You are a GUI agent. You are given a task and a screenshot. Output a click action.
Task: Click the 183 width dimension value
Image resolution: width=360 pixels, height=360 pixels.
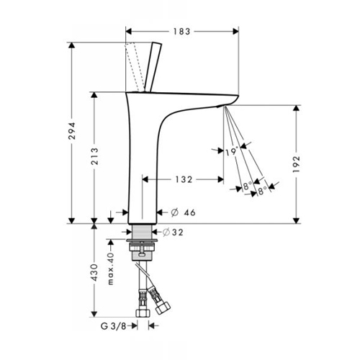[x=181, y=32]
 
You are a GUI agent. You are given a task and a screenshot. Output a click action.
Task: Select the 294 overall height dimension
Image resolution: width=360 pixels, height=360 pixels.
[x=72, y=131]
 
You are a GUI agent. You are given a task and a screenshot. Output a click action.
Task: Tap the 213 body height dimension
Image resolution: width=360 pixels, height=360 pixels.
[x=94, y=156]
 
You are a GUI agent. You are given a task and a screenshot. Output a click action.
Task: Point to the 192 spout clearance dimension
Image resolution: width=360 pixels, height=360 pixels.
[x=297, y=164]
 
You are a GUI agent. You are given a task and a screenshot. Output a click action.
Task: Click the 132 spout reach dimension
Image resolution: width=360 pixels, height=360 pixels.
[x=184, y=179]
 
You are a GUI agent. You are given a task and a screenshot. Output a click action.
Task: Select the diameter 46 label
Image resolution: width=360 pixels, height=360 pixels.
[x=183, y=212]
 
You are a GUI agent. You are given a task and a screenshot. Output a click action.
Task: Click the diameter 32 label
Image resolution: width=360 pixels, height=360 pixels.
[x=173, y=232]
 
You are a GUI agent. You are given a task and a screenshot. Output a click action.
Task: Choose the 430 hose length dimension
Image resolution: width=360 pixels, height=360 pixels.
[x=94, y=272]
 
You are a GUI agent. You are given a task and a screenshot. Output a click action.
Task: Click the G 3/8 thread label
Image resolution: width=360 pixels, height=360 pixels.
[x=113, y=326]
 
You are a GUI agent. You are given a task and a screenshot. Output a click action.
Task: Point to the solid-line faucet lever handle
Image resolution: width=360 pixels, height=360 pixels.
[x=153, y=67]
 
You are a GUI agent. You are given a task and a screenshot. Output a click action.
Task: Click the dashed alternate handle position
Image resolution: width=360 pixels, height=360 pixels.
[x=135, y=67]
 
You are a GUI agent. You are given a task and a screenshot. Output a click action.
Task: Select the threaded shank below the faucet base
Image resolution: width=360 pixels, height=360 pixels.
[x=142, y=232]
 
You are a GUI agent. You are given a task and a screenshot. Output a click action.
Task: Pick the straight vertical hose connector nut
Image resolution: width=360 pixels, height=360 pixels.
[x=143, y=312]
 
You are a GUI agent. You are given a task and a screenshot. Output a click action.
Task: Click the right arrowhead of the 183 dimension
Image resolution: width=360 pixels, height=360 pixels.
[x=236, y=31]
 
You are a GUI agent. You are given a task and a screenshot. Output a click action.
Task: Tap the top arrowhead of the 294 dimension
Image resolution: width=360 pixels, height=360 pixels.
[x=72, y=45]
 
